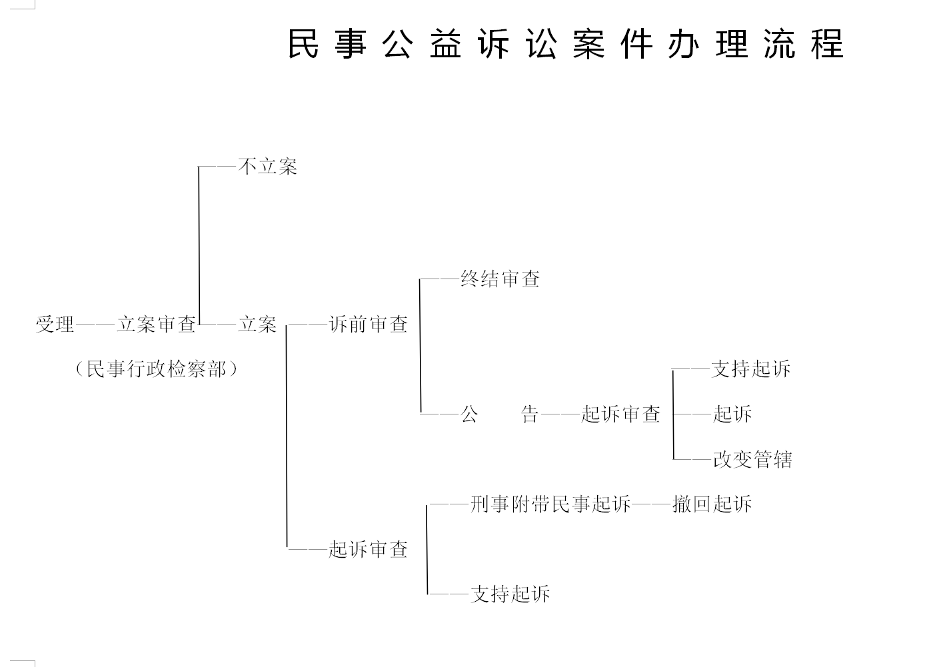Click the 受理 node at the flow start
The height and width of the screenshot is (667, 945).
tap(55, 325)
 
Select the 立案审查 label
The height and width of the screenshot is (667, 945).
tap(157, 325)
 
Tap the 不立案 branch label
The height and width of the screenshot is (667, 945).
tap(268, 166)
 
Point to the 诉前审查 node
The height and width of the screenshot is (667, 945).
tap(369, 325)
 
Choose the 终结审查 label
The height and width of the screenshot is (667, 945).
tap(500, 279)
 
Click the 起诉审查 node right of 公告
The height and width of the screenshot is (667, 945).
tap(620, 414)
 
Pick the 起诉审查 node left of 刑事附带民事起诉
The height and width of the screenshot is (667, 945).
tap(369, 549)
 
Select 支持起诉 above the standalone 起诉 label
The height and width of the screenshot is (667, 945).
tap(751, 369)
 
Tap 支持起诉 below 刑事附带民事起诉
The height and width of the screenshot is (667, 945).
tap(510, 594)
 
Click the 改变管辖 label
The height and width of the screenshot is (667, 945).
tap(752, 459)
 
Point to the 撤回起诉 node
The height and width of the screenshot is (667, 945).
tap(712, 504)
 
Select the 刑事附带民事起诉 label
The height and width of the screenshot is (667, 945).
tap(550, 504)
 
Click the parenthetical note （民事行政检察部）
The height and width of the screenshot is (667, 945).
tap(157, 369)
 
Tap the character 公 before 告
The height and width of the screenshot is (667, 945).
tap(469, 414)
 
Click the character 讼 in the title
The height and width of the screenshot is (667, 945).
tap(541, 44)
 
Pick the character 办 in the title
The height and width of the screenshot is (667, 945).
tap(684, 44)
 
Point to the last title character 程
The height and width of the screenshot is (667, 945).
tap(827, 44)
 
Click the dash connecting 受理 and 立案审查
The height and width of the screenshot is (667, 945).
tap(95, 325)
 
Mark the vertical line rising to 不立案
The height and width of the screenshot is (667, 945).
tap(199, 245)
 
